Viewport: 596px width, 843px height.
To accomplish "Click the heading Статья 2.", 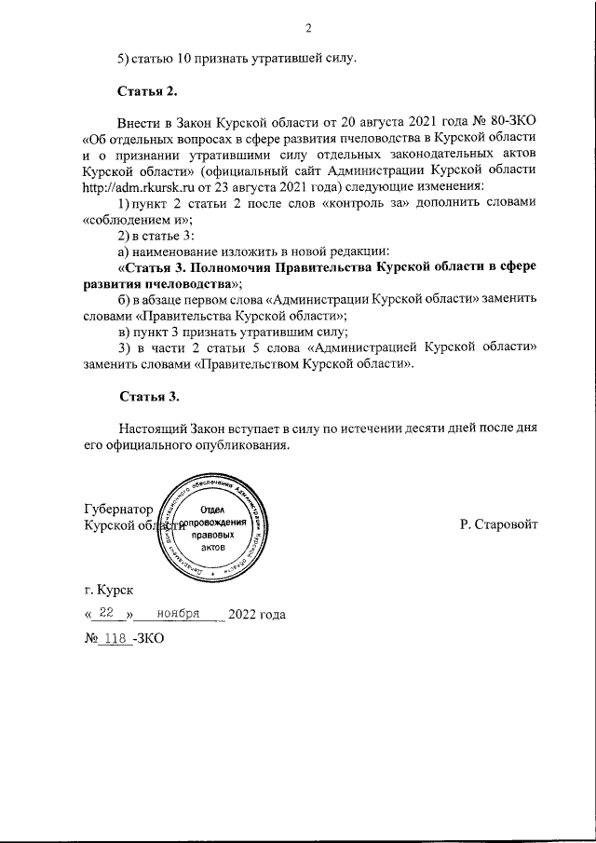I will pyautogui.click(x=147, y=90).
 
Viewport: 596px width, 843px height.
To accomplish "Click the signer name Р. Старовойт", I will pyautogui.click(x=498, y=524).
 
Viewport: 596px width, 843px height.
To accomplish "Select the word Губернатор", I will pyautogui.click(x=117, y=510).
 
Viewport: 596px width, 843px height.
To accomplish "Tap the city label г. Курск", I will pyautogui.click(x=108, y=590).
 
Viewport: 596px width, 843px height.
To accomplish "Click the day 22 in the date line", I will pyautogui.click(x=111, y=614).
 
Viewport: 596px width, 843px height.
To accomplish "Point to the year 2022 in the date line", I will pyautogui.click(x=244, y=615).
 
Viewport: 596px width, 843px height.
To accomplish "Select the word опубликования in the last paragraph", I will pyautogui.click(x=245, y=444).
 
